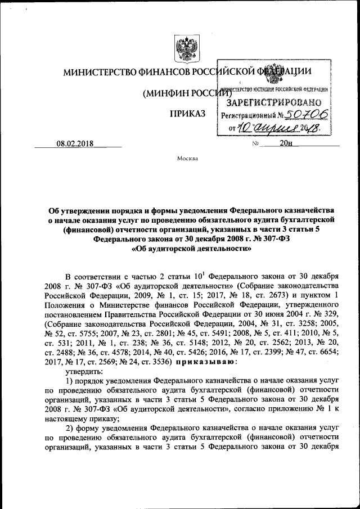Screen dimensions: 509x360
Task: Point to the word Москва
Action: (x=187, y=159)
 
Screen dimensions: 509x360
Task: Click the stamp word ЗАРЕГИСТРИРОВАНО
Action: (x=273, y=102)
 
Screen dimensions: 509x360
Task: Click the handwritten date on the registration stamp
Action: (x=277, y=129)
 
